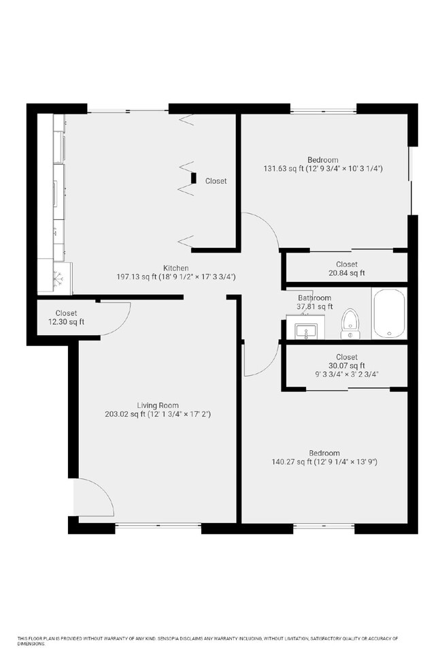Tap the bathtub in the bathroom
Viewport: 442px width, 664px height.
[388, 313]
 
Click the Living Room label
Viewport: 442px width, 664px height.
[158, 405]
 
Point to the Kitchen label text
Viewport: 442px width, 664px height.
[175, 268]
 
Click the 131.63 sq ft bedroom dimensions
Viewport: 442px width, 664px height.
[323, 168]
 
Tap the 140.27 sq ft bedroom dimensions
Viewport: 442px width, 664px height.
[324, 462]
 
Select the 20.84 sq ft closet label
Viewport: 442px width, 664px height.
[346, 268]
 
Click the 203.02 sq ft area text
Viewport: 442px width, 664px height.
[158, 414]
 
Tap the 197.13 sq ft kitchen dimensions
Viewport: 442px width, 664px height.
[175, 276]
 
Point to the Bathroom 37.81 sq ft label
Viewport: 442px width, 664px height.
[315, 302]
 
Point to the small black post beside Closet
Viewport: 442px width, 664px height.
[194, 178]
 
